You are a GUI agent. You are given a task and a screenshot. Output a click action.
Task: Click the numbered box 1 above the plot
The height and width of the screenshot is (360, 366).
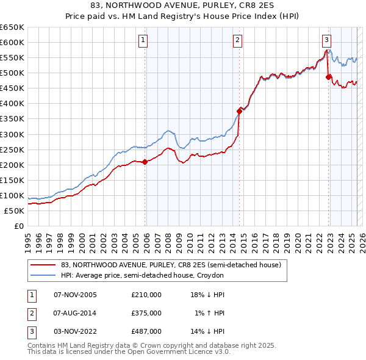tap(143, 41)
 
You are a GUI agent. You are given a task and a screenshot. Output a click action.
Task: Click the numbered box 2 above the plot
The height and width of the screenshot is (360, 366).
tap(237, 41)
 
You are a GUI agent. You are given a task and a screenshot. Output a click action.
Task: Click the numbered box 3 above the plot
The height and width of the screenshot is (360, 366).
tap(326, 41)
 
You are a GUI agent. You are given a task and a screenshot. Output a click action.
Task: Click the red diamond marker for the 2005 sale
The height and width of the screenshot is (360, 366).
tap(145, 162)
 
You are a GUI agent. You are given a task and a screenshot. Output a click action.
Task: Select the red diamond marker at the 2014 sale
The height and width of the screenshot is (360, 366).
tap(240, 111)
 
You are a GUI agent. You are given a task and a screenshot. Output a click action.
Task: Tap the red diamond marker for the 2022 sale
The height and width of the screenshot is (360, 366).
tap(329, 77)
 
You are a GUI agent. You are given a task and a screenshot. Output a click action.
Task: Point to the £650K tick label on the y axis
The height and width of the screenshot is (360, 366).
tap(12, 27)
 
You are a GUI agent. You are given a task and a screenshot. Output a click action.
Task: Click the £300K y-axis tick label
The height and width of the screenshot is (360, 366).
tap(12, 134)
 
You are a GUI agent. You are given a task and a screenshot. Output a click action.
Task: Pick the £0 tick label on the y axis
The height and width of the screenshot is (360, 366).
tap(19, 226)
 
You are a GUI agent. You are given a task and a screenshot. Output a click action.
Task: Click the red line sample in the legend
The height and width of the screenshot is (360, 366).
tap(43, 265)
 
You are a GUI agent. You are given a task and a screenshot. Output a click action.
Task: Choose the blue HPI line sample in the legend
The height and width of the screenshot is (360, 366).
tap(43, 276)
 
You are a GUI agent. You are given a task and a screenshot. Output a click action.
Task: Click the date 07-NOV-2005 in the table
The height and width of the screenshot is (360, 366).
tap(76, 295)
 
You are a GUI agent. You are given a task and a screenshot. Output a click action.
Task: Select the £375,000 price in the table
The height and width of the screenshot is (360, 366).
tap(146, 313)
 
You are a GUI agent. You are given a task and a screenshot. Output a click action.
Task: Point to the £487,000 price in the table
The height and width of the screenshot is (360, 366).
tap(146, 331)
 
